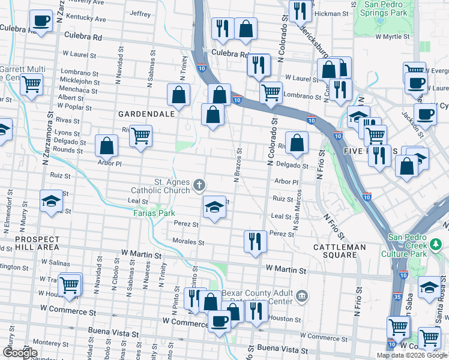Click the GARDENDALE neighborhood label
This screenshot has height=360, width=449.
(x=146, y=113)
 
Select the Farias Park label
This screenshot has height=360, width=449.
(x=154, y=212)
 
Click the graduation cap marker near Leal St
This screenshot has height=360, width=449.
(x=214, y=208)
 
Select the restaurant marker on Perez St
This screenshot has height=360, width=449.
(x=255, y=241)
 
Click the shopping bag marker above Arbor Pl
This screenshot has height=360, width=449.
(x=106, y=145)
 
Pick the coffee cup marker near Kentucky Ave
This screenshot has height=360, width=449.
(x=41, y=22)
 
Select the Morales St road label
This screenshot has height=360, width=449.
(x=189, y=243)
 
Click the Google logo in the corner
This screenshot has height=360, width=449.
(x=20, y=353)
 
